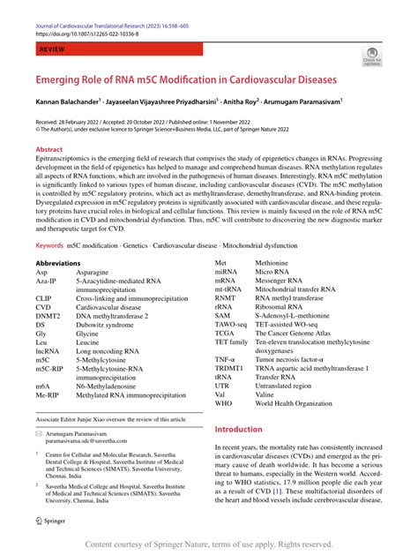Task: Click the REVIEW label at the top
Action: click(x=52, y=52)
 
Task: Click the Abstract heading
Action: click(x=49, y=150)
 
